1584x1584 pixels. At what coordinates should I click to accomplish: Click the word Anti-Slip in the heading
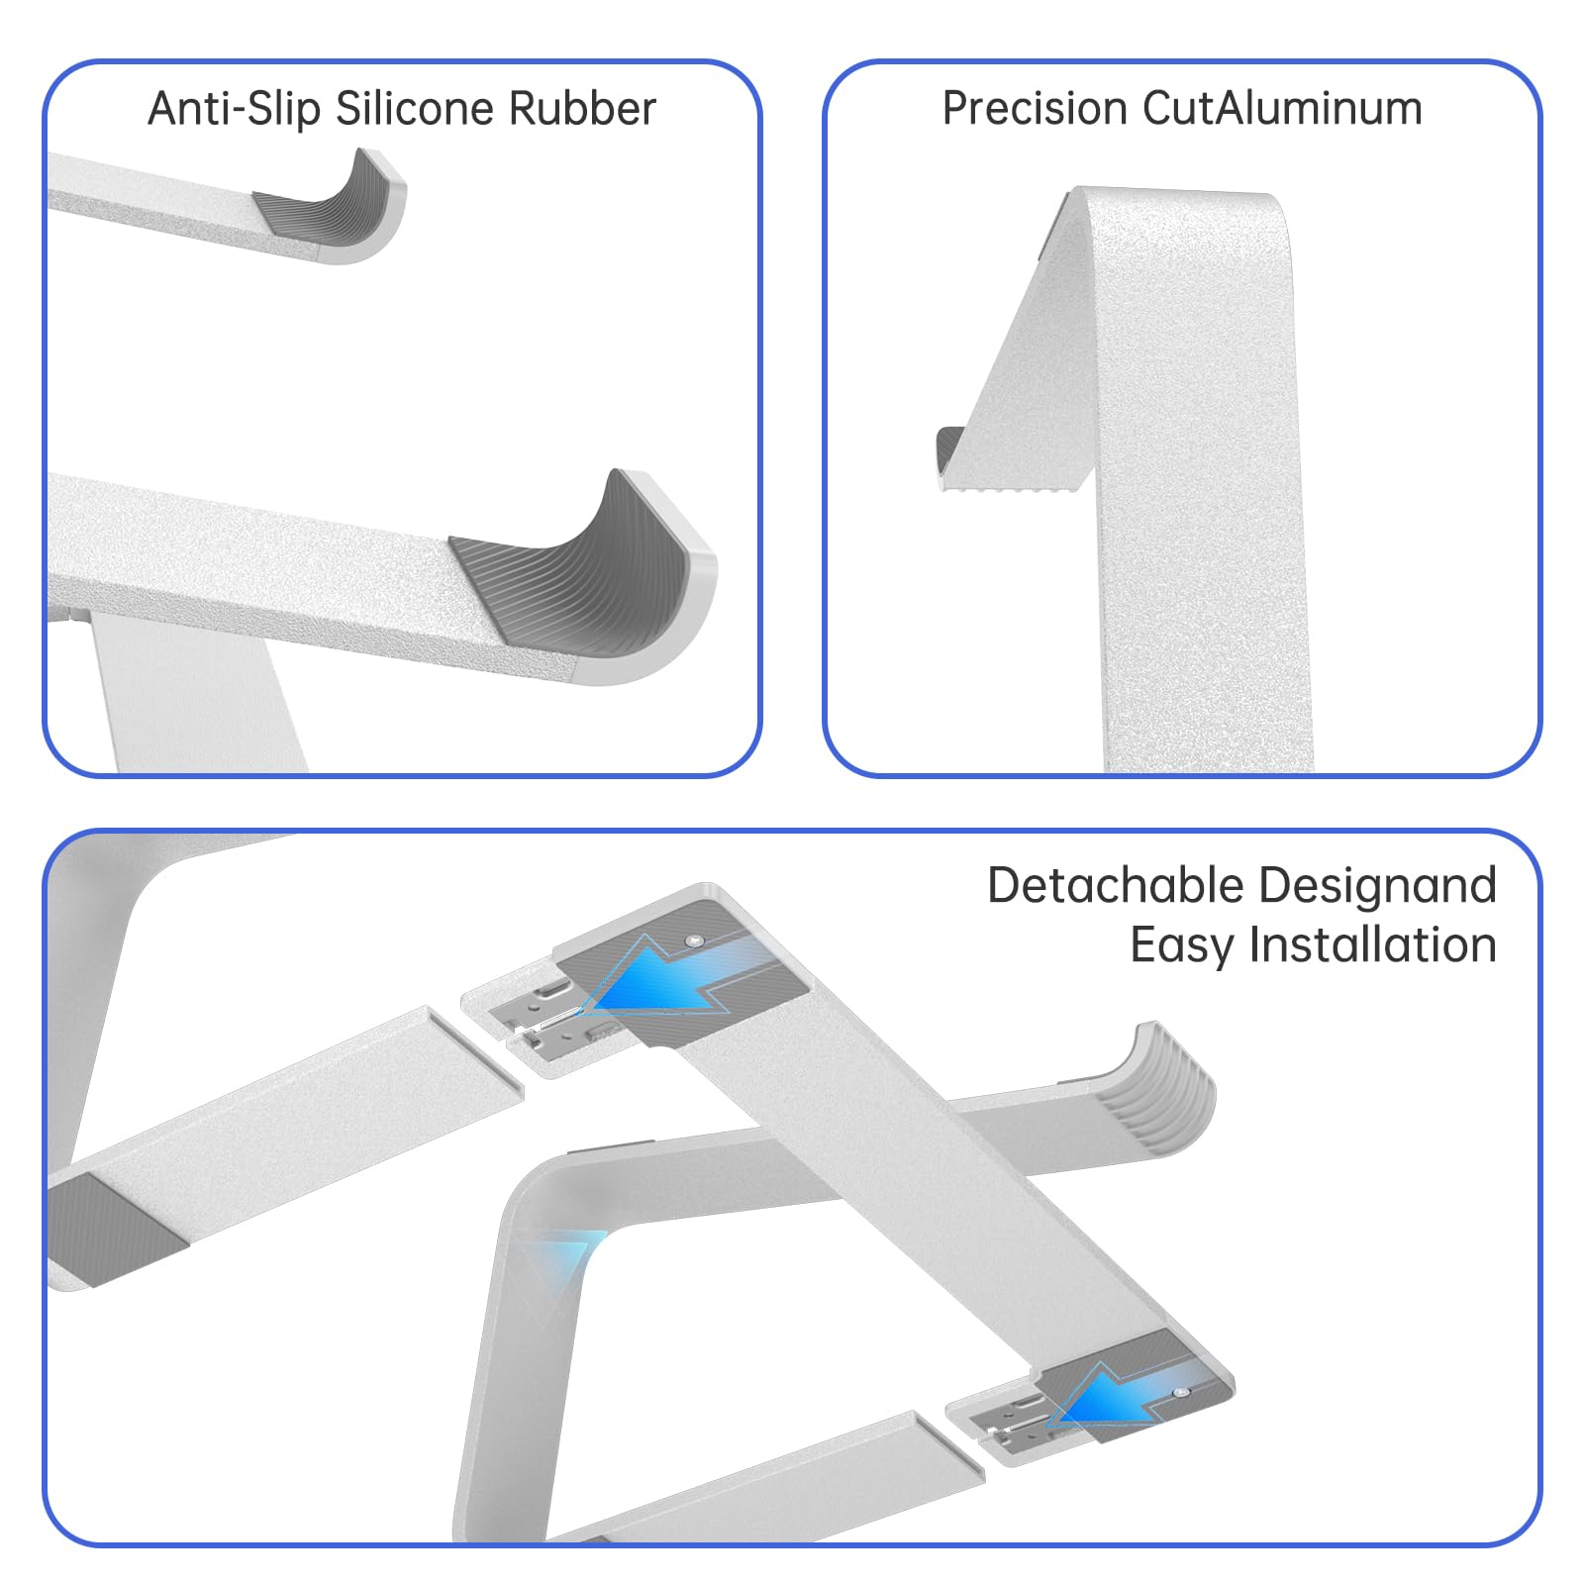[x=235, y=109]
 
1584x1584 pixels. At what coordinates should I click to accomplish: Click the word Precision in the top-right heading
[x=1034, y=109]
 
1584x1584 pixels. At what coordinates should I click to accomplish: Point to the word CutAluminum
[x=1282, y=109]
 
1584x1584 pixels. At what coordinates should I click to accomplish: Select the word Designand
[x=1377, y=886]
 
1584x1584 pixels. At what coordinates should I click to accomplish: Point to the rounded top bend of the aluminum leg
[x=1178, y=213]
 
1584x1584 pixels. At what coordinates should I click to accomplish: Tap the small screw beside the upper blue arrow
[x=694, y=940]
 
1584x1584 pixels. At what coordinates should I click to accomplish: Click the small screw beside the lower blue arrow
[x=1180, y=1392]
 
